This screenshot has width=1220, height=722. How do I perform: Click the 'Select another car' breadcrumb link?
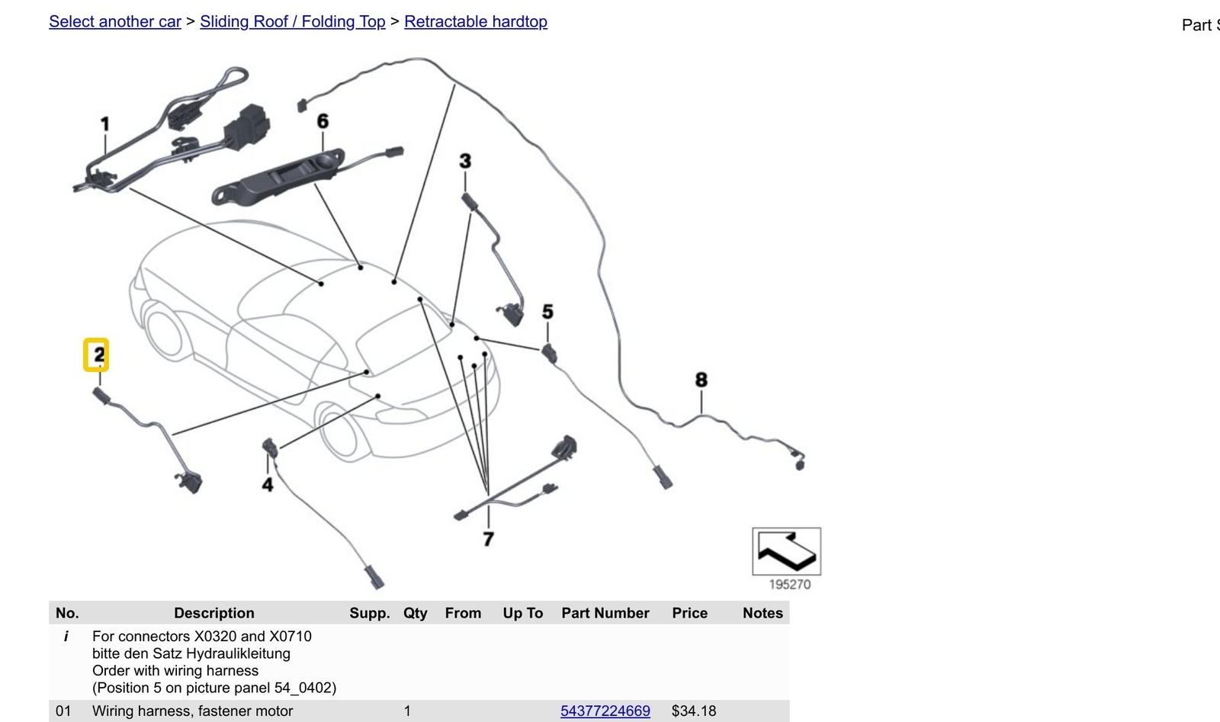click(115, 22)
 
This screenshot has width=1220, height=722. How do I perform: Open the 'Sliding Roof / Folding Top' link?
click(293, 22)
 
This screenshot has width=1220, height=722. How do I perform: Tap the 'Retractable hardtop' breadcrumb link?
click(476, 22)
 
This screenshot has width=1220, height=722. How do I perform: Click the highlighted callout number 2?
click(96, 355)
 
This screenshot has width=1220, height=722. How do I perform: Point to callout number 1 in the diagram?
click(105, 125)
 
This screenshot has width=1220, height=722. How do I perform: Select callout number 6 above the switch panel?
click(323, 121)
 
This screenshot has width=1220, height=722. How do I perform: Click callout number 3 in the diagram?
click(465, 161)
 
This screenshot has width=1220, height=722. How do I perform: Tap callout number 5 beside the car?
click(548, 312)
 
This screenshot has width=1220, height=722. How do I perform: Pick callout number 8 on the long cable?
click(701, 380)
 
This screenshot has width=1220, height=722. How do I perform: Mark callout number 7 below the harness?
click(489, 539)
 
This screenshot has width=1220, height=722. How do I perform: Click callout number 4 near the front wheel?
click(268, 485)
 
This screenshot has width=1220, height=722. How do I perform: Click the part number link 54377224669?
click(605, 711)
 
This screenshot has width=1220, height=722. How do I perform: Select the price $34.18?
click(694, 711)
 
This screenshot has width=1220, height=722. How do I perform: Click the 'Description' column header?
click(214, 613)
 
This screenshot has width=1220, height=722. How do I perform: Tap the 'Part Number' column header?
click(605, 613)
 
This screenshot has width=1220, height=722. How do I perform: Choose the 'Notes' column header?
click(762, 613)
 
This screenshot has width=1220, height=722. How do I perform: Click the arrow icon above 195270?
click(786, 551)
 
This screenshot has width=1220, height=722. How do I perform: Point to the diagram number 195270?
click(790, 585)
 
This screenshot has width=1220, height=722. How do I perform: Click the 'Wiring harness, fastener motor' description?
click(192, 711)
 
